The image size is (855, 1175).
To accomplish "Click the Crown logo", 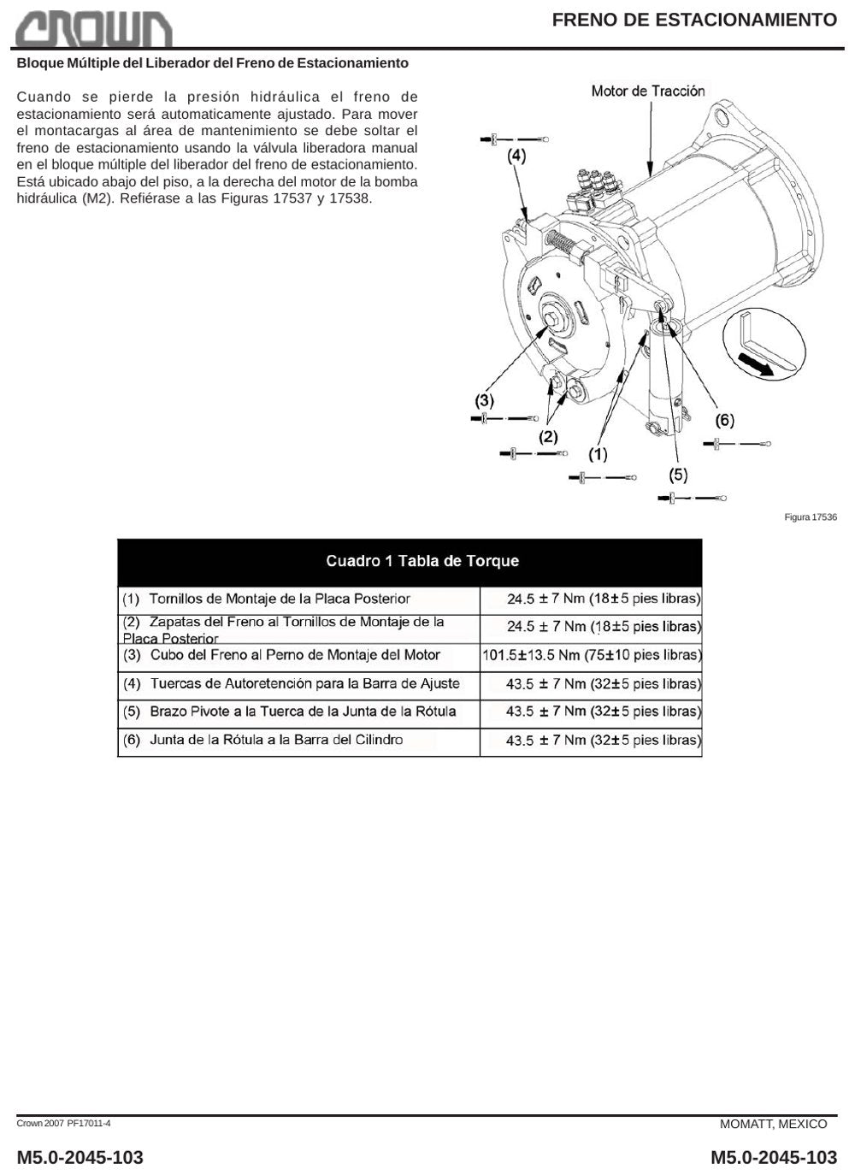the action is coord(94,29).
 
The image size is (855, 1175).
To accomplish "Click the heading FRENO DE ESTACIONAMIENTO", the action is coord(694,20).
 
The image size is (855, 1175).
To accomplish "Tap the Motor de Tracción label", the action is coord(648,92).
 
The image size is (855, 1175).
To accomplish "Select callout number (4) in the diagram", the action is coord(516,156).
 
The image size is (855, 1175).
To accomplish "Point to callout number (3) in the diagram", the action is coord(485,401).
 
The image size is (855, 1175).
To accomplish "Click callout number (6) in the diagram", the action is coord(725,420).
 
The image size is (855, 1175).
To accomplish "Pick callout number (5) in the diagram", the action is coord(678,475).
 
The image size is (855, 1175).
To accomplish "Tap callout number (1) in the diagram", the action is coord(598,454).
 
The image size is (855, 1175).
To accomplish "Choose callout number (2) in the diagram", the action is coord(549,436).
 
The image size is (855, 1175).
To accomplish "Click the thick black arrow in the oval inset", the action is coord(756,364).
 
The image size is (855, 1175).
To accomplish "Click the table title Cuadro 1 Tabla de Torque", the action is coord(422,561).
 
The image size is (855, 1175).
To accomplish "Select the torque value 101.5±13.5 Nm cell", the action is coord(592,655).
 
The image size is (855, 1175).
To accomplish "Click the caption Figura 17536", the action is coord(811,517).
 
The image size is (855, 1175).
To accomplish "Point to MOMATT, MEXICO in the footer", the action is coord(773,1125).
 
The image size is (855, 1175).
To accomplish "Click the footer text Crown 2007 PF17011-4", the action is coord(63,1123).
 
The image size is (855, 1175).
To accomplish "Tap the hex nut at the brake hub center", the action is coord(551,320).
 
